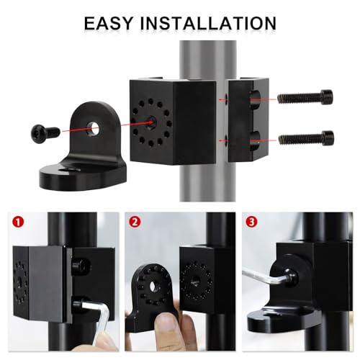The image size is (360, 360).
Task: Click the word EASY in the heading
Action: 109,23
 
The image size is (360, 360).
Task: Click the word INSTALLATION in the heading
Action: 208,23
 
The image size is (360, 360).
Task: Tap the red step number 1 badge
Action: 19,222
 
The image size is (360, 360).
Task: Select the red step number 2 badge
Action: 135,222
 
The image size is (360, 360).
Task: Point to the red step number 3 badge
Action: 251,222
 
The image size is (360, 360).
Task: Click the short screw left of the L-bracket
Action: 45,132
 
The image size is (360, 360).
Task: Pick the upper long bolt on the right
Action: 305,97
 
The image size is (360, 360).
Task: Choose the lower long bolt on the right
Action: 306,138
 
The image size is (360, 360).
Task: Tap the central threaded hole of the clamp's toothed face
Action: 152,120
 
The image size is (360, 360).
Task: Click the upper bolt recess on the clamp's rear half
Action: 255,98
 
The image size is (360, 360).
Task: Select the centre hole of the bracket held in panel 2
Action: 153,286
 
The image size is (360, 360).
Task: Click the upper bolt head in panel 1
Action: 79,266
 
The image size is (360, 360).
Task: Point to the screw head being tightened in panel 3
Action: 292,277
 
